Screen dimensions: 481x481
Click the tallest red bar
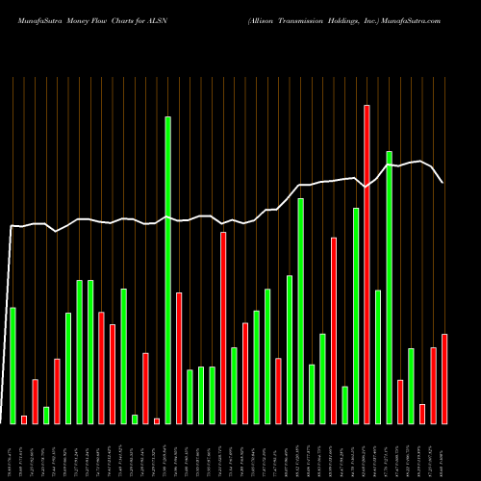pos(367,264)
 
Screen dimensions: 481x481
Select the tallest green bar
pos(167,269)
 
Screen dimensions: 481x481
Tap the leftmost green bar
pos(13,365)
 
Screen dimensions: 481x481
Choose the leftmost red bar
pos(24,419)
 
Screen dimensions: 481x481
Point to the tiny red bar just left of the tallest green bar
pos(157,420)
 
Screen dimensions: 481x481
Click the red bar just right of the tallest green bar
pos(179,357)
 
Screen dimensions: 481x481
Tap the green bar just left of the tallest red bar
pos(356,316)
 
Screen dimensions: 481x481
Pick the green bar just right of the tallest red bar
pos(378,356)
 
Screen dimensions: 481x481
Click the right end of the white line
pos(443,182)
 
